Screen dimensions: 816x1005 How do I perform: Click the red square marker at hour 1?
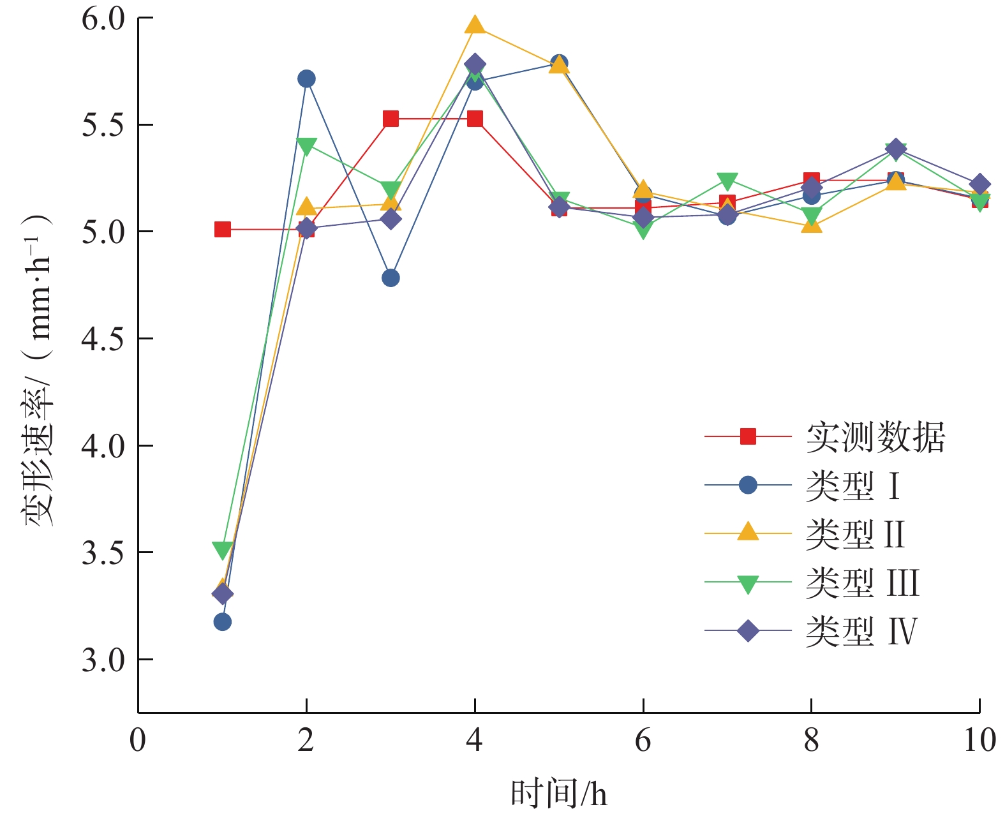tap(222, 229)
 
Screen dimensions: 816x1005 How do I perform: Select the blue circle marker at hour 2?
tap(306, 78)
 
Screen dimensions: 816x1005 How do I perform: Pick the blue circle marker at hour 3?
tap(391, 278)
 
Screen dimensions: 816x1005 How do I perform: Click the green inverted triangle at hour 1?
tap(222, 550)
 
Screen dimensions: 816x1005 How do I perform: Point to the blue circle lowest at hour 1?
tap(222, 621)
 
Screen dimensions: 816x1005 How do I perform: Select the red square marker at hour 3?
tap(391, 119)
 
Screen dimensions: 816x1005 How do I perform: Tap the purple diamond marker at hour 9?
tap(895, 149)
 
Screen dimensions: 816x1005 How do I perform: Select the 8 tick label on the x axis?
tap(811, 741)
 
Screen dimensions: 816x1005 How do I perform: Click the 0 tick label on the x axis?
tap(138, 741)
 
